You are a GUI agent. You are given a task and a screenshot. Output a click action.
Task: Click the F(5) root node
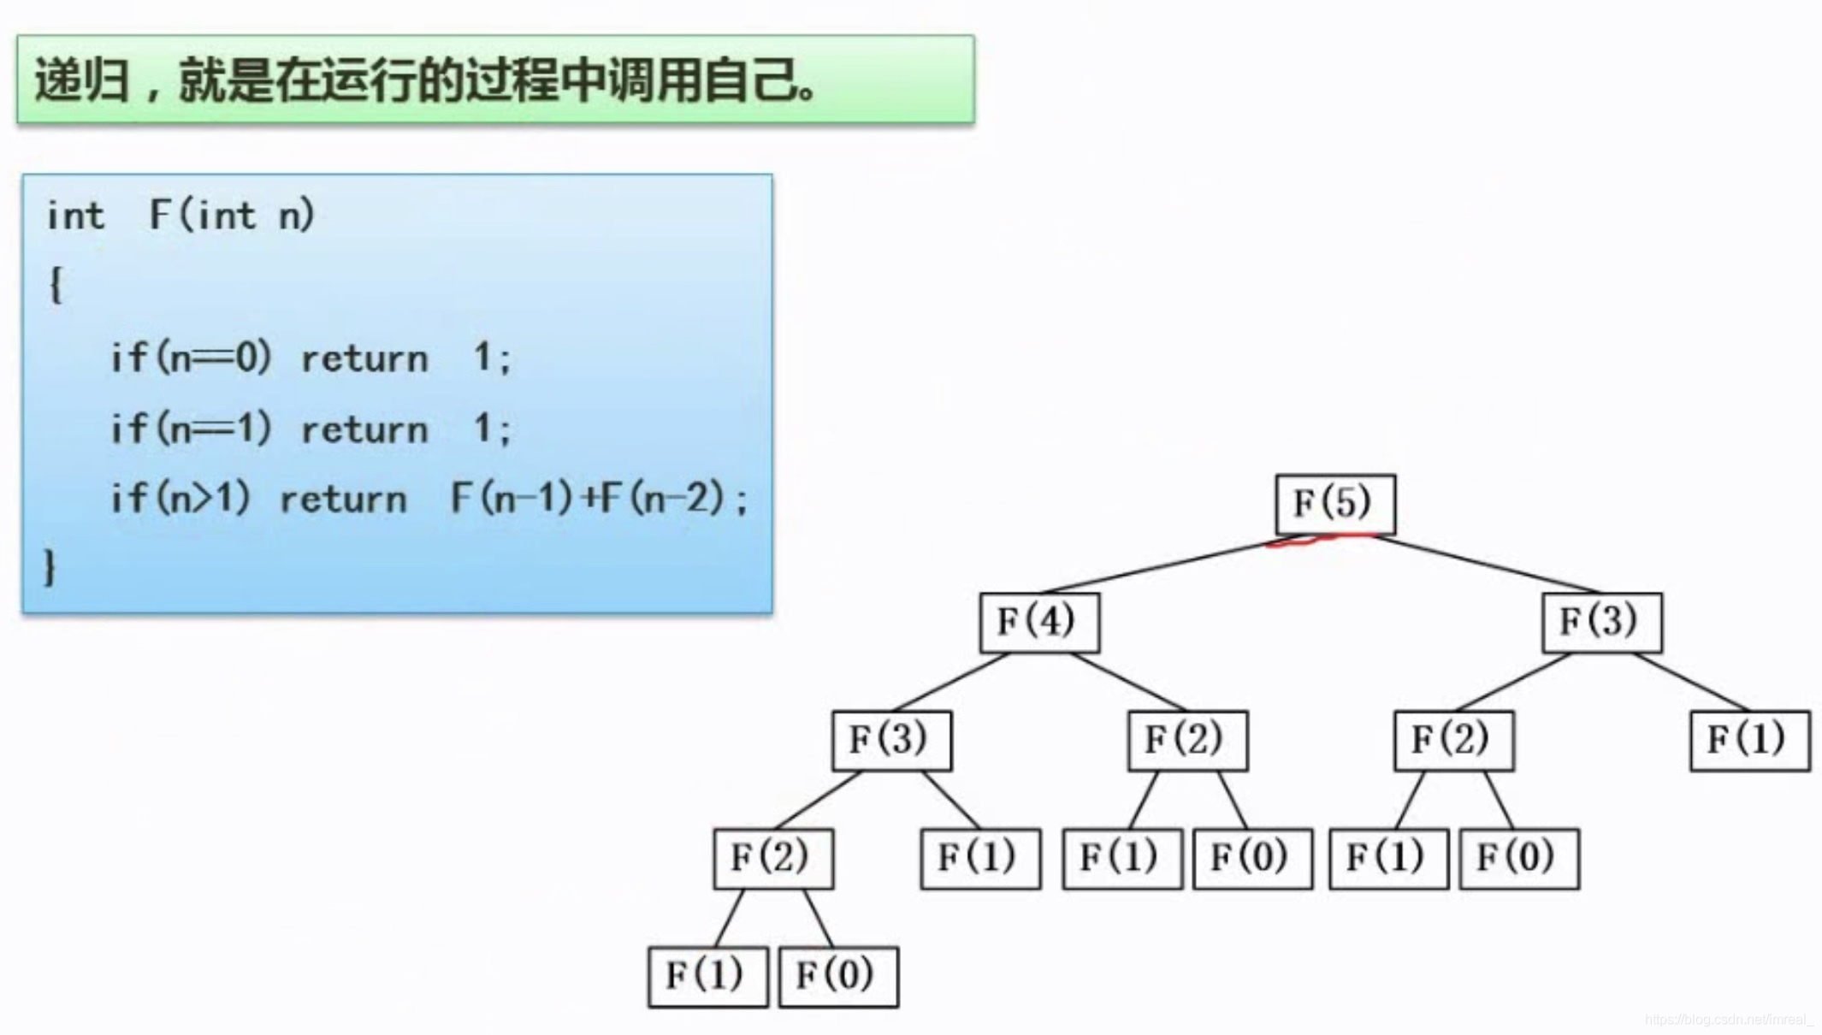pyautogui.click(x=1334, y=504)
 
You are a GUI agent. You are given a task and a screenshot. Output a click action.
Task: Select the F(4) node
pyautogui.click(x=1039, y=622)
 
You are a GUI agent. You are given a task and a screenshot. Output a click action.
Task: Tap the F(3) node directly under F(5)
pyautogui.click(x=1601, y=622)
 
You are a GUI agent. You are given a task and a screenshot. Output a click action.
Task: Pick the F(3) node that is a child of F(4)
pyautogui.click(x=891, y=740)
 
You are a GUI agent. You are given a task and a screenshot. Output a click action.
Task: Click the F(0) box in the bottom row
pyautogui.click(x=838, y=976)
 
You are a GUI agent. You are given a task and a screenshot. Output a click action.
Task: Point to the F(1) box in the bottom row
pyautogui.click(x=707, y=976)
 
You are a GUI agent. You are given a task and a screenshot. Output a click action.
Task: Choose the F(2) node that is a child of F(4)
pyautogui.click(x=1187, y=740)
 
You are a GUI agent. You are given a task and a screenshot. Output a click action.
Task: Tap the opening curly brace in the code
pyautogui.click(x=56, y=285)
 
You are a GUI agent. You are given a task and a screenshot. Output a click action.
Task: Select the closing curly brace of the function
pyautogui.click(x=50, y=567)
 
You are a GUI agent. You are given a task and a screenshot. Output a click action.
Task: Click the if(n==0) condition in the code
pyautogui.click(x=191, y=358)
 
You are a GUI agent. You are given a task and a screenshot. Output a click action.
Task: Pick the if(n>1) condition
pyautogui.click(x=180, y=498)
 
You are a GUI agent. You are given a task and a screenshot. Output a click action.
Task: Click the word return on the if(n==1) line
pyautogui.click(x=364, y=429)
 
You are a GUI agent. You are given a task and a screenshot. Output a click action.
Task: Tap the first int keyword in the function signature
pyautogui.click(x=75, y=216)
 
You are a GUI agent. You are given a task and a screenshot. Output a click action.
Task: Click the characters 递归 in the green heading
pyautogui.click(x=82, y=81)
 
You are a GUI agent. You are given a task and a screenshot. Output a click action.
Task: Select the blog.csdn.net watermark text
pyautogui.click(x=1729, y=1020)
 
